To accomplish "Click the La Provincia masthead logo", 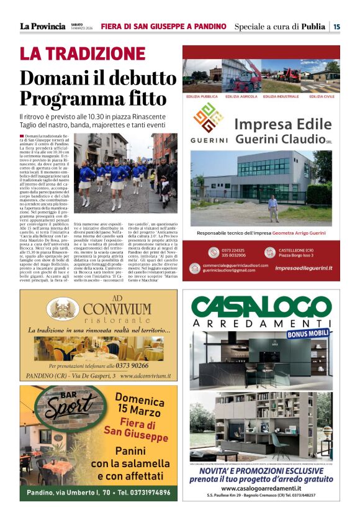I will [x=43, y=26].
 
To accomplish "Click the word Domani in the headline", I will [x=52, y=78].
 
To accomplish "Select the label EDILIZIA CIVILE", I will [x=322, y=97].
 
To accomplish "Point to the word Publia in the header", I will [x=313, y=26].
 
